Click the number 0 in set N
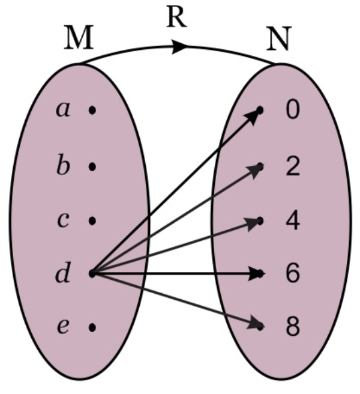[x=292, y=111]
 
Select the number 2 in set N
[x=292, y=166]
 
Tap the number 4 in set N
[x=292, y=220]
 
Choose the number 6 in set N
[x=292, y=274]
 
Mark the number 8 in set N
[x=292, y=328]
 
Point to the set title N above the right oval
[x=278, y=40]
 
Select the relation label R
[x=177, y=18]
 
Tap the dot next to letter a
[x=92, y=111]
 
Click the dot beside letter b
[x=92, y=166]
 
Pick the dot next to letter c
[x=92, y=220]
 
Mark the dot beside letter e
[x=92, y=328]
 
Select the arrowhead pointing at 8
[x=257, y=325]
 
